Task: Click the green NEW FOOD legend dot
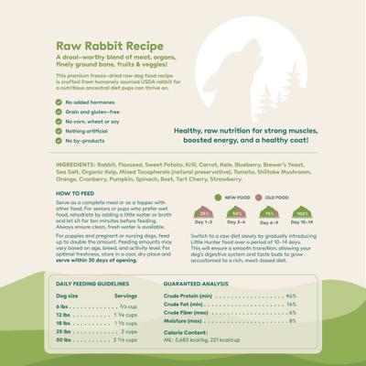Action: coord(218,197)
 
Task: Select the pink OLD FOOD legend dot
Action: coord(259,197)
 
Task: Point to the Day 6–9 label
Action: coord(269,222)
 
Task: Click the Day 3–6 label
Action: coord(236,222)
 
